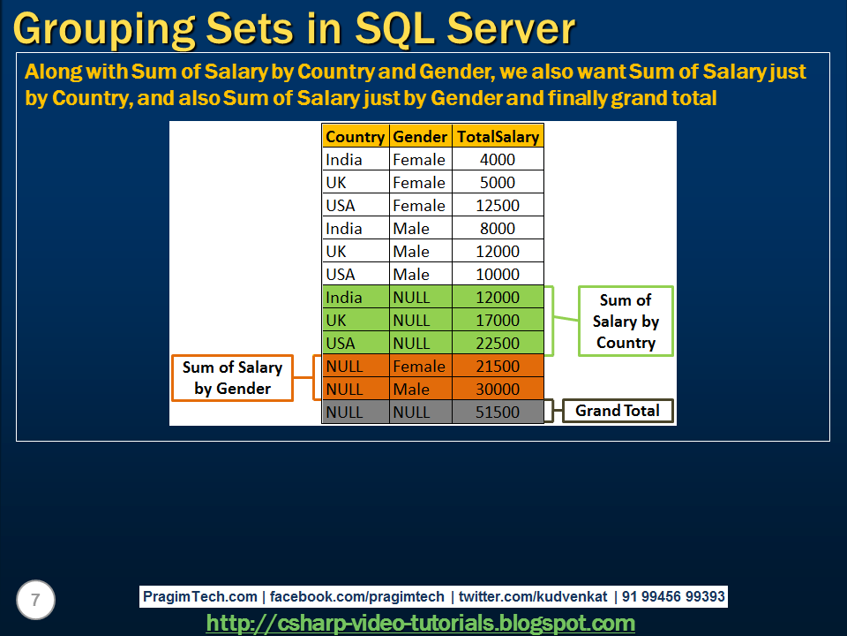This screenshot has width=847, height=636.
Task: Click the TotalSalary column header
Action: click(x=498, y=137)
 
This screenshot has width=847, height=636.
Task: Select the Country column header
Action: click(x=355, y=137)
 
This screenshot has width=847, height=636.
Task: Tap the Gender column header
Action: click(x=420, y=137)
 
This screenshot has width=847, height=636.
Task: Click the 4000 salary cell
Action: click(x=498, y=160)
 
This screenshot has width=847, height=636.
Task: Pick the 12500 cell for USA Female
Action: click(x=498, y=206)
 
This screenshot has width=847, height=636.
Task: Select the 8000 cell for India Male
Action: click(x=498, y=229)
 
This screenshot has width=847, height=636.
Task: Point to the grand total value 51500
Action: click(x=498, y=413)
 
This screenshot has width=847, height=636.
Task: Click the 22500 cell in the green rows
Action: click(x=498, y=344)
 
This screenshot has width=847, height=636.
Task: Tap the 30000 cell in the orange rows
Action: click(x=498, y=390)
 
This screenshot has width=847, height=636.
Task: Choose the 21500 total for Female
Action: click(x=498, y=367)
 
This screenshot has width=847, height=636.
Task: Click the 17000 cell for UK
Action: click(x=498, y=321)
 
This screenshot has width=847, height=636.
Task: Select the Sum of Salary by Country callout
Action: click(x=626, y=322)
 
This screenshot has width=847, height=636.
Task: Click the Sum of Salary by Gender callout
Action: click(x=232, y=378)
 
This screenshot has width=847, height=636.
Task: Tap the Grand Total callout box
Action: click(x=617, y=411)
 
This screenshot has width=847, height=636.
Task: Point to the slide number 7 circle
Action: click(x=35, y=601)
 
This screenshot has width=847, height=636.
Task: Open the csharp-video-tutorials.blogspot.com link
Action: click(x=421, y=623)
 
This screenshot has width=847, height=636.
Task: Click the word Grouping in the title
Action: click(x=97, y=29)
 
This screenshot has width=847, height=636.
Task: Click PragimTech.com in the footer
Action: click(x=200, y=597)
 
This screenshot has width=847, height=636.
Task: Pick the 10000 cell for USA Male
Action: click(x=498, y=275)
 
